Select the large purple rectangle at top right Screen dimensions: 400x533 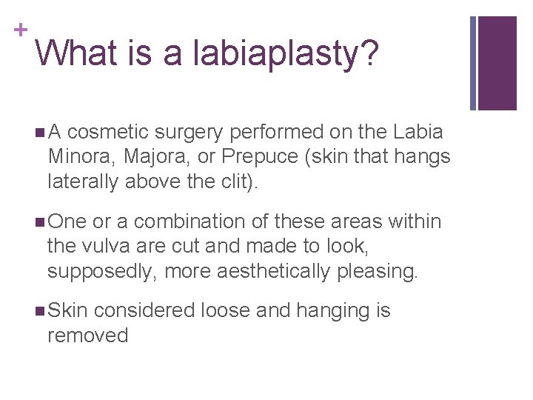coord(497,63)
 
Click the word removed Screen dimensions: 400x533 coord(87,336)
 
